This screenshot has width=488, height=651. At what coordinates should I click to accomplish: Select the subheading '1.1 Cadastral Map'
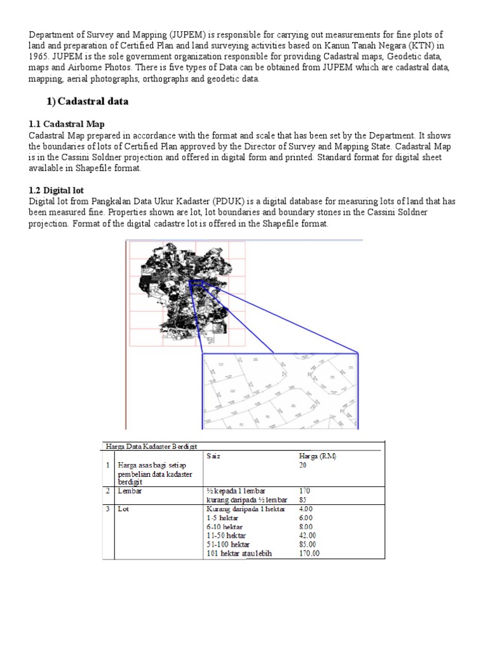click(66, 124)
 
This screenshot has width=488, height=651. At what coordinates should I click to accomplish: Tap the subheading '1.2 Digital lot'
click(57, 190)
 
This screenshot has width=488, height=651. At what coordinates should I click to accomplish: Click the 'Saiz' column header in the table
click(213, 456)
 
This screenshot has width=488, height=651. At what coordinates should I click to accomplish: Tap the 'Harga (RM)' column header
click(318, 456)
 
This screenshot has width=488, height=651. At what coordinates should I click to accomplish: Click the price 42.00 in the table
click(308, 535)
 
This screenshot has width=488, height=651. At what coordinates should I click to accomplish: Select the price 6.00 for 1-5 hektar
click(306, 517)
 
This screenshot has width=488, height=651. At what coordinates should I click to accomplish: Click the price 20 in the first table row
click(303, 465)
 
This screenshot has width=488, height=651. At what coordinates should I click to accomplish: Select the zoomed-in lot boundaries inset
click(280, 390)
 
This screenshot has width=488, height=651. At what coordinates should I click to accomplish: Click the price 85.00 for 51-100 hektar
click(308, 544)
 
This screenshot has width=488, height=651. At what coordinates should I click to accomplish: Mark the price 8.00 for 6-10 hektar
click(306, 526)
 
